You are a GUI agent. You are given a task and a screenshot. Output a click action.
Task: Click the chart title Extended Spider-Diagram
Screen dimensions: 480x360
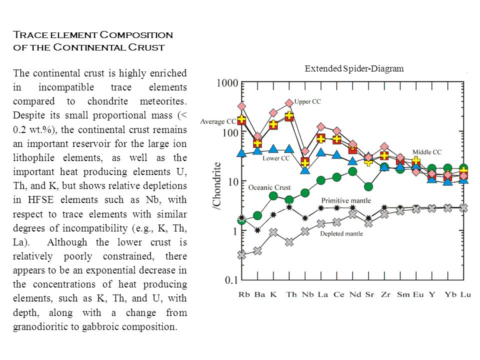pos(354,68)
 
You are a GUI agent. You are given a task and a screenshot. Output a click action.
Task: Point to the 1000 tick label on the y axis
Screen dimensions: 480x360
pos(227,82)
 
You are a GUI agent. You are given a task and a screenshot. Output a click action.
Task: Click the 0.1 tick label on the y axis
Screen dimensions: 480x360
pos(231,280)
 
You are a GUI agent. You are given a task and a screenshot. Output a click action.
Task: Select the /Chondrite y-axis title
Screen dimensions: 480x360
pos(216,186)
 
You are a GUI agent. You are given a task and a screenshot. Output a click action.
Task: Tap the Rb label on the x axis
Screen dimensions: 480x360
pos(244,294)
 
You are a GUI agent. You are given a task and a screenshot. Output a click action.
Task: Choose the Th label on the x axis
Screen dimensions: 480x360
pos(291,294)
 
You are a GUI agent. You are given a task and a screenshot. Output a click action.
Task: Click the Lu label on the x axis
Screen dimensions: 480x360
pos(465,294)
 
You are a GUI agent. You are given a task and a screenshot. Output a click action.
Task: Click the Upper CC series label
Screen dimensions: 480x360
pos(307,101)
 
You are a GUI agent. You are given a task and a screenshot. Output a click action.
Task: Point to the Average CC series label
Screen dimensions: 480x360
pos(218,121)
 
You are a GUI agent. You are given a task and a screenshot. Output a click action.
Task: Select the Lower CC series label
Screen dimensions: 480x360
pos(276,158)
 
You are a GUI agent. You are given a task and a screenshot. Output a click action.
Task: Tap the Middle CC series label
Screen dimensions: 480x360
pos(426,152)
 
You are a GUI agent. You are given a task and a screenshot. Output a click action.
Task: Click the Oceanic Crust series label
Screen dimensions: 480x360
pos(269,187)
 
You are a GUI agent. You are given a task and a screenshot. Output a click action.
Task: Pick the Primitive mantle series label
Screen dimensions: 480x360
pos(346,200)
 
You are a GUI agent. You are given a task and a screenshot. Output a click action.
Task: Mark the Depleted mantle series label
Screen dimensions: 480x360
pos(341,233)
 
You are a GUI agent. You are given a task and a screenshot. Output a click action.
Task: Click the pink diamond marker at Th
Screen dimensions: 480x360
pos(289,103)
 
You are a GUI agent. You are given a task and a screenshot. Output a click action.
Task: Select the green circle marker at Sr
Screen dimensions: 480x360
pos(368,186)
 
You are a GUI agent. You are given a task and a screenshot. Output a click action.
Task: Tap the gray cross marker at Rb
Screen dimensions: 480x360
pos(242,254)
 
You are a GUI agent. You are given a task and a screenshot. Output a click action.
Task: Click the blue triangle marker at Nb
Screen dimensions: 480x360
pos(305,169)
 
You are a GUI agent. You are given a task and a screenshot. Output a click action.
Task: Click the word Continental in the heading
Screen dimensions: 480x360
pos(89,47)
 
